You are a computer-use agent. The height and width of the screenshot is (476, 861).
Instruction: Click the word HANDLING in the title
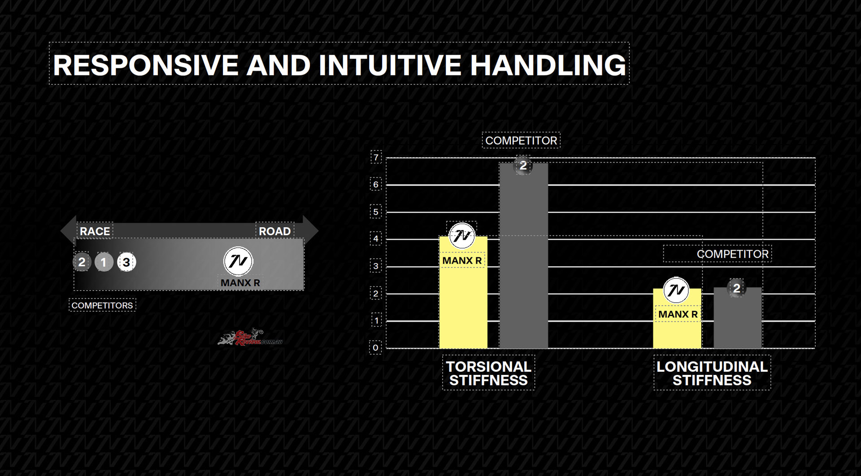coord(548,65)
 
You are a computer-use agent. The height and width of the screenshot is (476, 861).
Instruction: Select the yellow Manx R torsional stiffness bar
coord(463,292)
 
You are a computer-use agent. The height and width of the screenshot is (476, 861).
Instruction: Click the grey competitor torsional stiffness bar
coord(524,256)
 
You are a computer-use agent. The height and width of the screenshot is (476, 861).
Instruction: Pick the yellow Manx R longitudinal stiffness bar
coord(677,318)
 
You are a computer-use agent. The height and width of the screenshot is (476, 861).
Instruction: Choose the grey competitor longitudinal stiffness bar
coord(738,318)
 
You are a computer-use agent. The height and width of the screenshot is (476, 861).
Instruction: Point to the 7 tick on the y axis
coord(376,157)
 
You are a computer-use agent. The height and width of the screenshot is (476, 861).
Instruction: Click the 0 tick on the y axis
coord(376,348)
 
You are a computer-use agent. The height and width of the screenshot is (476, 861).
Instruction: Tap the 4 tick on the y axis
coord(376,239)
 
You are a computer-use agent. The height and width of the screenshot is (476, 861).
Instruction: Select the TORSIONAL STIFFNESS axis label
coord(488,373)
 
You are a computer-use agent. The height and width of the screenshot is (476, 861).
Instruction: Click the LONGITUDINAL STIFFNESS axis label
coord(712,373)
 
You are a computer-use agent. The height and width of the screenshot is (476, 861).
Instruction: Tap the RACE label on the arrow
coord(95,231)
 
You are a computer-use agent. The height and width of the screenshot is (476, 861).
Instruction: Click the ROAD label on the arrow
coord(274,231)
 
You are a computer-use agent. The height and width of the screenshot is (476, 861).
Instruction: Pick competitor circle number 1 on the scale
coord(104,262)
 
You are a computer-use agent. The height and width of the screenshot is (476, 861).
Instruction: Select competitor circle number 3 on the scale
coord(126,262)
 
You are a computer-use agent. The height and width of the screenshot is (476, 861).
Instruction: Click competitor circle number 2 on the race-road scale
coord(82,262)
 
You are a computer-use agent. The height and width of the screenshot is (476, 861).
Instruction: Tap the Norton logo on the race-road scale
coord(238,261)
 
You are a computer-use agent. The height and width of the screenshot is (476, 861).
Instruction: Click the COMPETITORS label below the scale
coord(102,305)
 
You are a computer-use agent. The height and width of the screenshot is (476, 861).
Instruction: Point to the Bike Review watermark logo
coord(250,337)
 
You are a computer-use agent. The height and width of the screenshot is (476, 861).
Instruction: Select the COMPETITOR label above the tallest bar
coord(521,141)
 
